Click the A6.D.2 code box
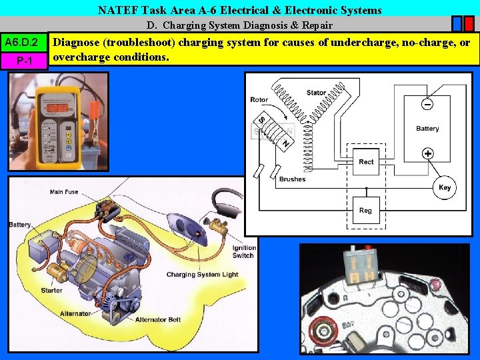[25, 43]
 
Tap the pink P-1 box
[25, 61]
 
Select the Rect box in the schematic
[366, 162]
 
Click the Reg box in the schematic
[365, 210]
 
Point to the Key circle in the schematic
[445, 187]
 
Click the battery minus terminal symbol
[427, 104]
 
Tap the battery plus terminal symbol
[427, 153]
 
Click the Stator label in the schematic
[316, 93]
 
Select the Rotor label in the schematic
[259, 100]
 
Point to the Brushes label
[292, 179]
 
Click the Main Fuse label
[64, 192]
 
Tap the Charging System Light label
[202, 275]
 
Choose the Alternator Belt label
[158, 320]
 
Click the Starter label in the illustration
[51, 290]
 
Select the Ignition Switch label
[243, 252]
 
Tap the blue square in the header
[457, 25]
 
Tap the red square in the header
[470, 25]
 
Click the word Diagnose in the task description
[79, 43]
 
